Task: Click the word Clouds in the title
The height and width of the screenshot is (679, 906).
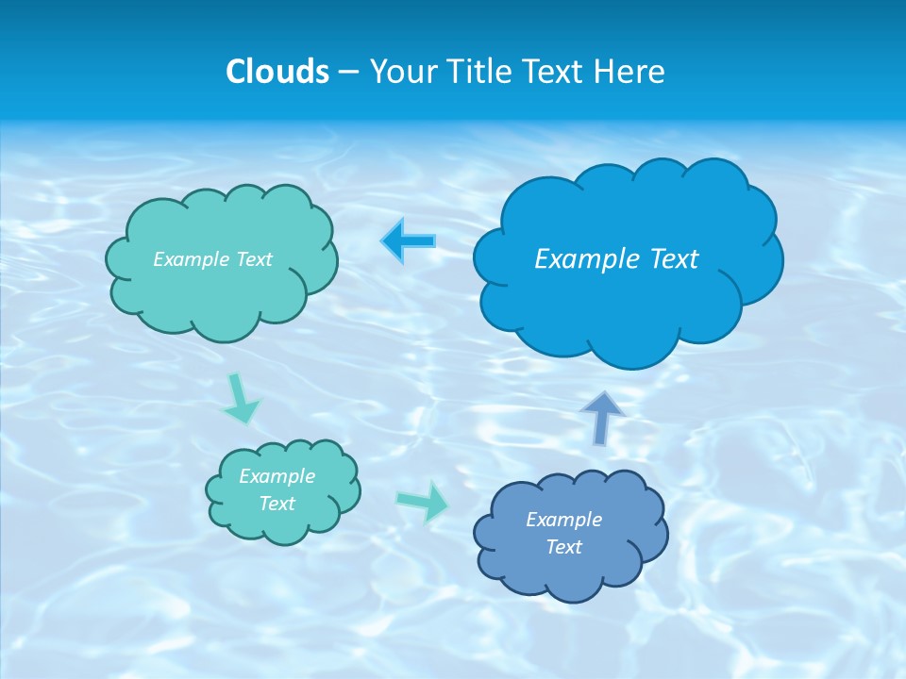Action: [277, 72]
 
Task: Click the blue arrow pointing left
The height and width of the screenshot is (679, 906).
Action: [408, 240]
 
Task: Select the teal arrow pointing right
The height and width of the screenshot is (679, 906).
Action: [424, 501]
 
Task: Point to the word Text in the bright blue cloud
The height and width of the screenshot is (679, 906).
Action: [674, 259]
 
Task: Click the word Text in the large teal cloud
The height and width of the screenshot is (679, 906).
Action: [254, 259]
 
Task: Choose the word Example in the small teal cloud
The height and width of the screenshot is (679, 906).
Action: [277, 476]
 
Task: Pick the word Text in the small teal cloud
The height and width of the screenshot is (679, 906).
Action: [277, 504]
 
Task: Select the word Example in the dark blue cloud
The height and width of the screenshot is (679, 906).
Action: [563, 520]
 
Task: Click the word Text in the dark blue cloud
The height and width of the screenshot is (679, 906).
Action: [563, 547]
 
